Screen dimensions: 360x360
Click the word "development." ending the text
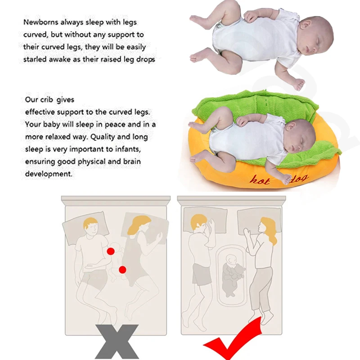click(49, 174)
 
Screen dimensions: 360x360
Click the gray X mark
click(116, 342)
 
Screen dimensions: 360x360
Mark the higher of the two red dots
click(111, 251)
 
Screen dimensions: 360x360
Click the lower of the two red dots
click(122, 270)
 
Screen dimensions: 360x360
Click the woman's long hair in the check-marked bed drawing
click(269, 230)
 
